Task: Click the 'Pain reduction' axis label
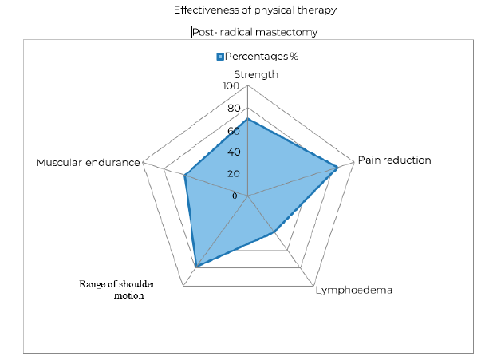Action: point(394,160)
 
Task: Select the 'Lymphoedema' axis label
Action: point(354,291)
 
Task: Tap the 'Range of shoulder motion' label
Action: point(116,289)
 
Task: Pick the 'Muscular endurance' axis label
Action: point(88,162)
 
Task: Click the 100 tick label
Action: point(230,86)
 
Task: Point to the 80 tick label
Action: point(231,109)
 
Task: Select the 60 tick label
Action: point(231,130)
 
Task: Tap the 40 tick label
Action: point(231,152)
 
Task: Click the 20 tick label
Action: point(231,174)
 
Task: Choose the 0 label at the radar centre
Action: point(235,196)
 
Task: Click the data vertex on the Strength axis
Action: point(248,119)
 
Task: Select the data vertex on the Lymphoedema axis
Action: point(275,232)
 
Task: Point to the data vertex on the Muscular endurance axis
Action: point(185,176)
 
